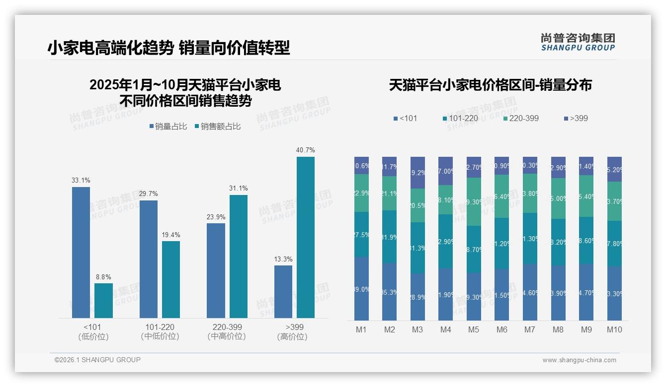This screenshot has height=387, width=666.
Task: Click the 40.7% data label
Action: point(305,150)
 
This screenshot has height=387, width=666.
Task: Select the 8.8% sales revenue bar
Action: point(103,301)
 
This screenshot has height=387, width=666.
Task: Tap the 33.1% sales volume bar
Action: point(81,252)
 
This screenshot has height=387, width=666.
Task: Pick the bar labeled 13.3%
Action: point(283,292)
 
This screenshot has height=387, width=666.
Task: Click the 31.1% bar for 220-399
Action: point(239,256)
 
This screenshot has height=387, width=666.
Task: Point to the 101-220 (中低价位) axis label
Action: point(160,331)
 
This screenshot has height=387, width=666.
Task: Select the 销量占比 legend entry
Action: point(167,127)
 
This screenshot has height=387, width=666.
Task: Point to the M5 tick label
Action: point(474,329)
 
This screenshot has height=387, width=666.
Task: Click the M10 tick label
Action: point(614,329)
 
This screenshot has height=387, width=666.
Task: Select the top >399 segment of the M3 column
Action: point(417,173)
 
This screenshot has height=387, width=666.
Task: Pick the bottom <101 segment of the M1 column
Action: point(361,288)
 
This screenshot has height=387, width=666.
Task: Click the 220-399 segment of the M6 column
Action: point(502,196)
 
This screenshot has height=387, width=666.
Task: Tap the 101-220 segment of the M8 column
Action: point(558,242)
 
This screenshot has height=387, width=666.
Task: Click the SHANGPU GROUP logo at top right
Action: point(578,42)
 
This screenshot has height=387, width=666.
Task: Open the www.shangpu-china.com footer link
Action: point(579,360)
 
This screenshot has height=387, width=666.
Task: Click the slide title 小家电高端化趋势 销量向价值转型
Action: point(168,48)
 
